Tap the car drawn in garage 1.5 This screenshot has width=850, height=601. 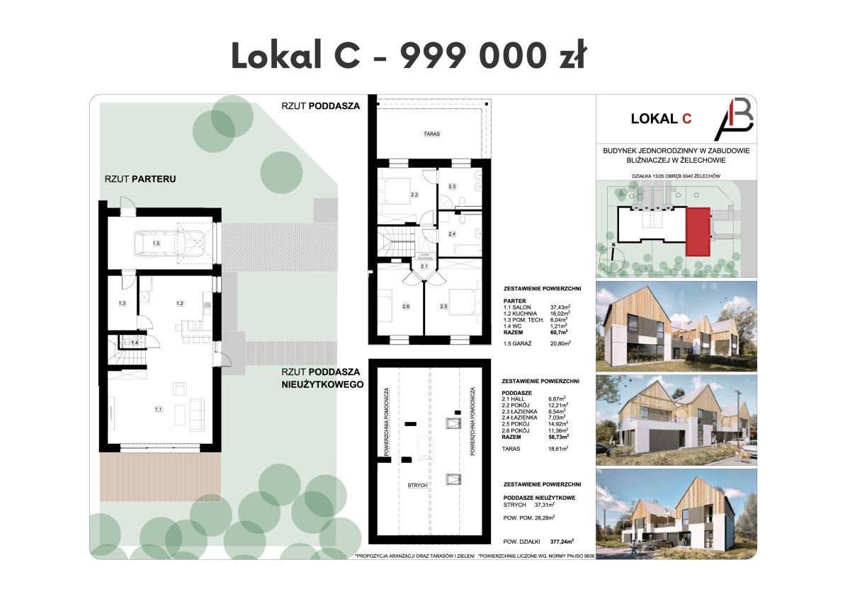point(162,244)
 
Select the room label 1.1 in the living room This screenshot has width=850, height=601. point(159,409)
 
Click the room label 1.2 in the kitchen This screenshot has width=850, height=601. point(180,304)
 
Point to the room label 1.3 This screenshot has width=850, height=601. point(122,304)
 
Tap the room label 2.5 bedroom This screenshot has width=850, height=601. point(444,306)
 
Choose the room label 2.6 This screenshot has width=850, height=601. point(405,306)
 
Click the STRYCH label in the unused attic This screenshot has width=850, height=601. point(416,486)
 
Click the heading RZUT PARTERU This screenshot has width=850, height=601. point(140,179)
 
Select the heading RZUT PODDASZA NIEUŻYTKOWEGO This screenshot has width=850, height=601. point(322,378)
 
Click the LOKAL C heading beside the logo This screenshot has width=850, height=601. point(661,119)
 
